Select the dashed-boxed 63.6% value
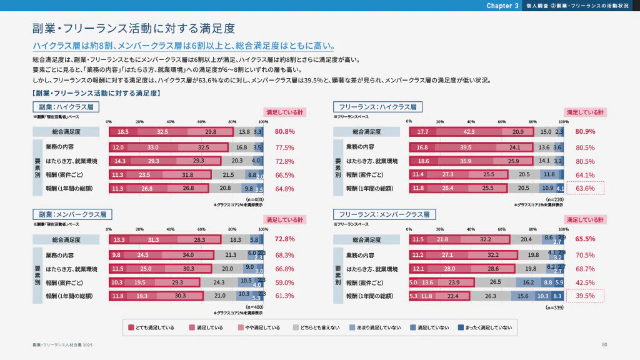click(x=585, y=188)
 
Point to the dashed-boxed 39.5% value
click(x=585, y=296)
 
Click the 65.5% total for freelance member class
click(x=585, y=239)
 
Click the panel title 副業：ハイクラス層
click(x=66, y=107)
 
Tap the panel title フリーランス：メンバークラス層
click(x=381, y=214)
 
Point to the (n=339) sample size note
click(x=555, y=307)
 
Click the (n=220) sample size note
click(x=555, y=199)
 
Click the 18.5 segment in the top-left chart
click(x=123, y=132)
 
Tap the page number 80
click(x=604, y=345)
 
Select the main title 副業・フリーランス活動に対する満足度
click(x=133, y=29)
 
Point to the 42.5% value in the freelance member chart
click(x=585, y=282)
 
